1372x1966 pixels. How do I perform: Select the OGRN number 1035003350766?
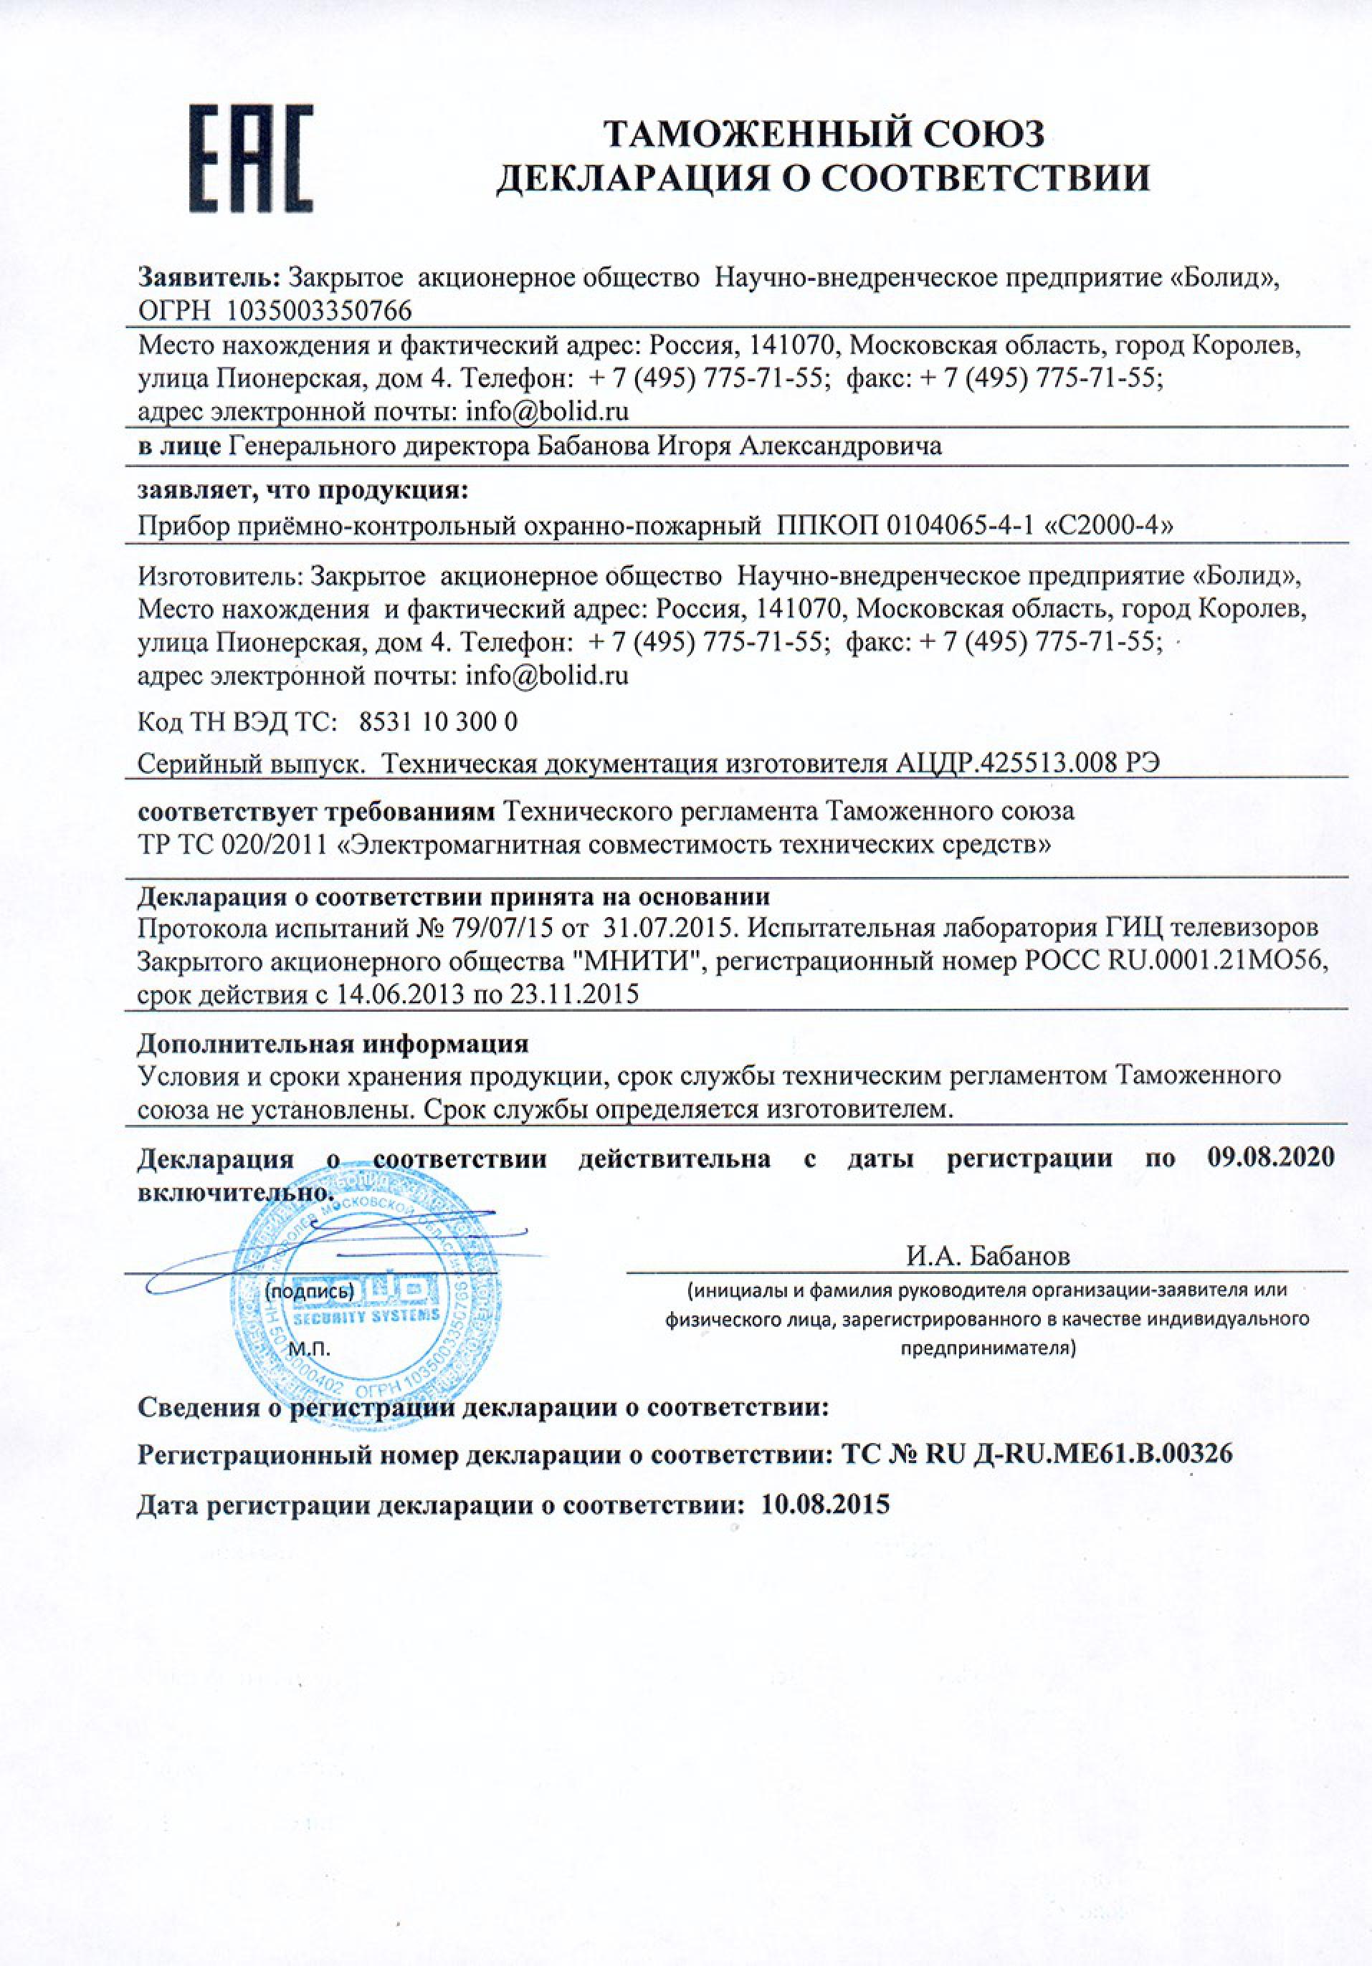coord(318,309)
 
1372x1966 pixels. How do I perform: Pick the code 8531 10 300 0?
coord(439,721)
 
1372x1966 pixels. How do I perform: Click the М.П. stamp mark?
coord(310,1351)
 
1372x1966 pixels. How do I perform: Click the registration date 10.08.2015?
coord(825,1505)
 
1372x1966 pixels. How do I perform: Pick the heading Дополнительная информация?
coord(333,1044)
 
